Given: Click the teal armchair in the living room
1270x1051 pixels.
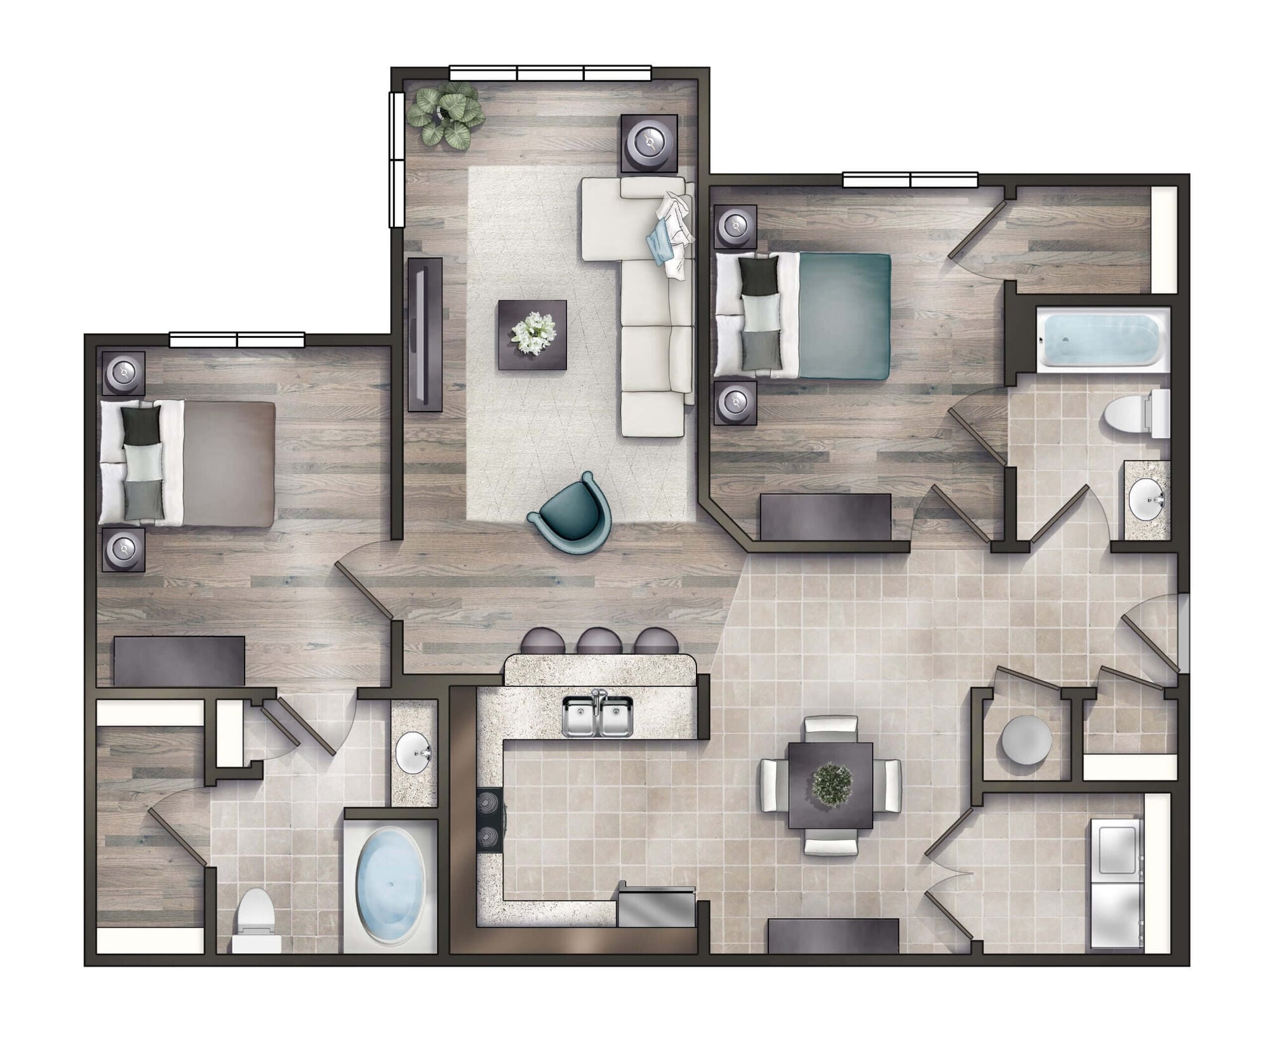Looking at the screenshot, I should pos(570,515).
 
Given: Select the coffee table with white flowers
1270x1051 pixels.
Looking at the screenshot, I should pos(532,334).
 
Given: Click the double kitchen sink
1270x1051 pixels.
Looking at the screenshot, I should pos(598,716).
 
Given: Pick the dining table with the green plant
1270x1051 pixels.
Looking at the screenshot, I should pos(830,785).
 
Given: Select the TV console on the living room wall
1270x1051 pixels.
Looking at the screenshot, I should pos(425,333).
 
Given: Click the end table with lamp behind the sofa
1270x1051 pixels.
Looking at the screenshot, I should pos(648,143).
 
